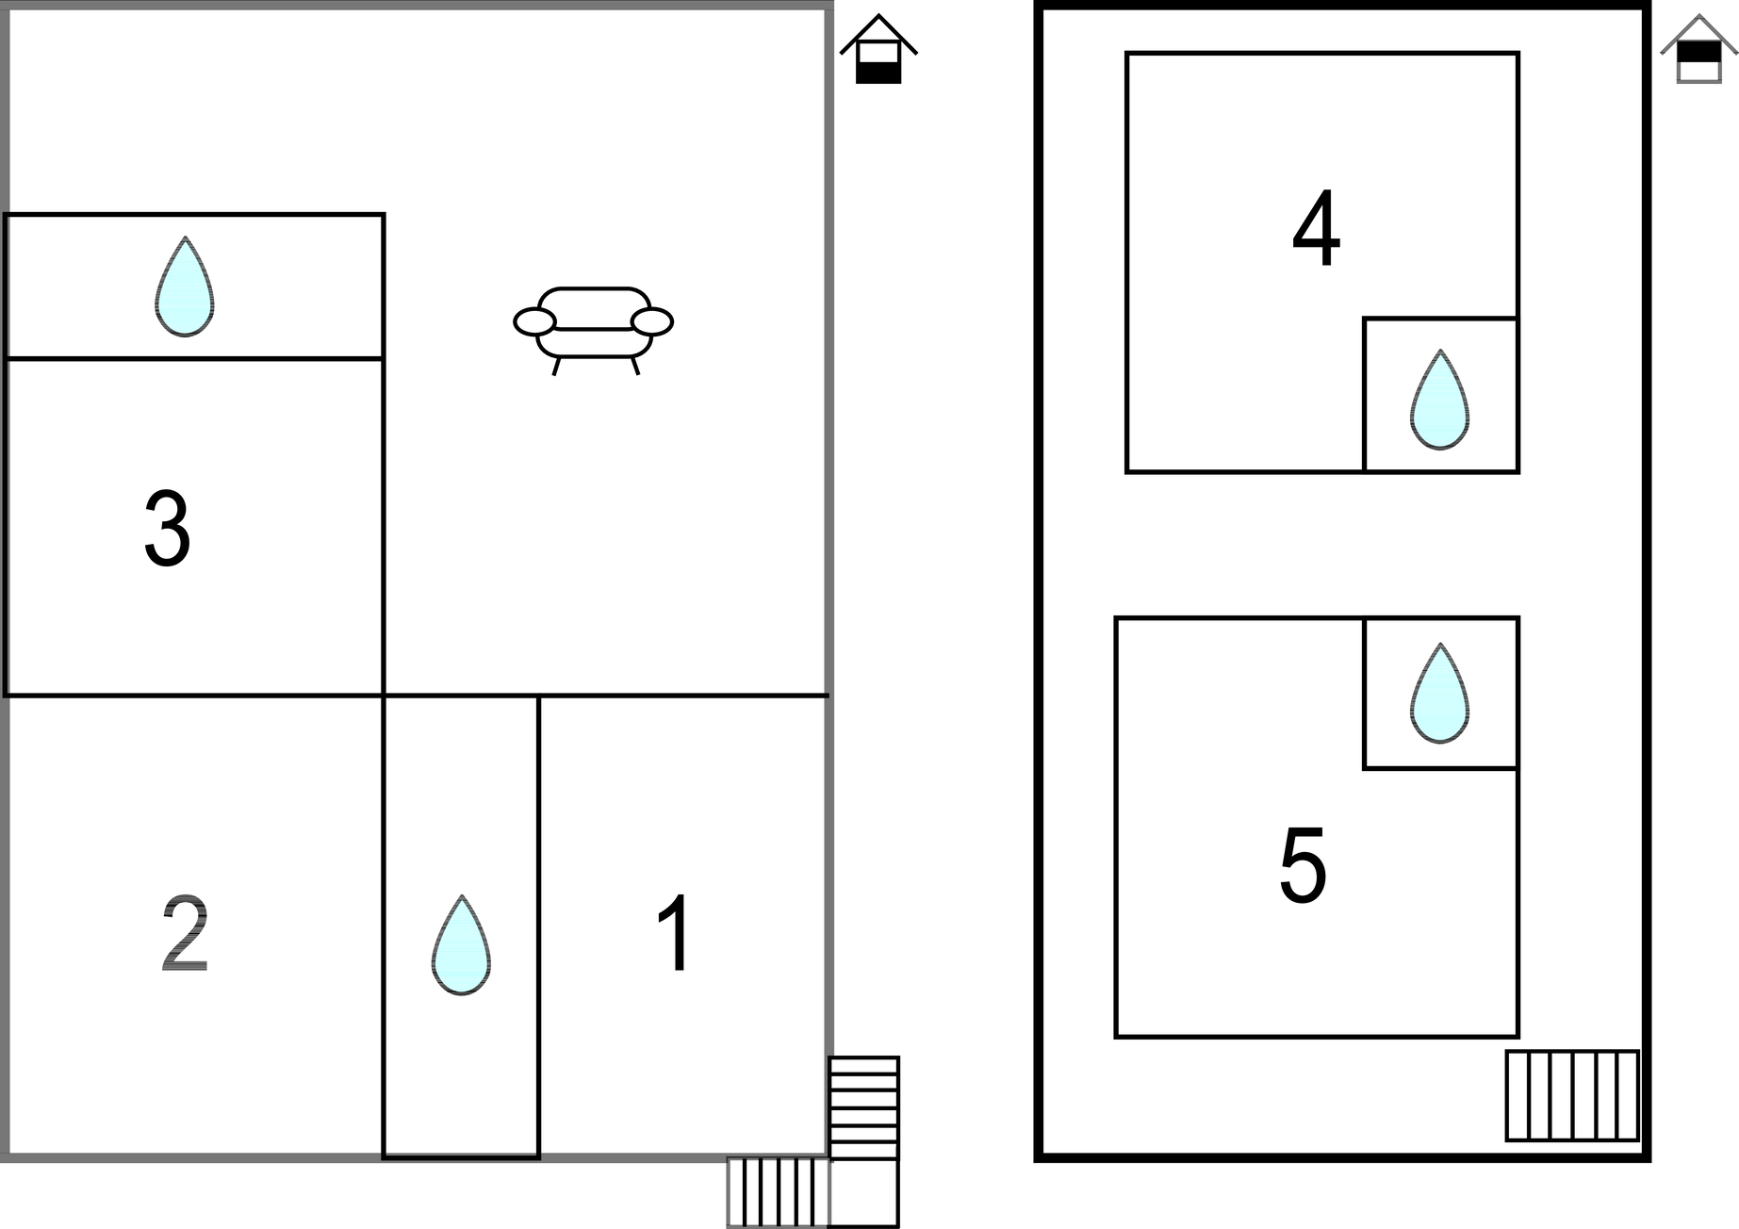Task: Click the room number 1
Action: tap(676, 932)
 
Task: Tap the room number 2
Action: tap(186, 933)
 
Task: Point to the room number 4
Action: tap(1316, 227)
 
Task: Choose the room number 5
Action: tap(1304, 865)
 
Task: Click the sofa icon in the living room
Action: tap(594, 331)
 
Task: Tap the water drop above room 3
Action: tap(185, 287)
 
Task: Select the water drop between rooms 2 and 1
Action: tap(461, 945)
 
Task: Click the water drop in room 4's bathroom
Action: tap(1439, 400)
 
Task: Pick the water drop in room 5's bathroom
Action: tap(1439, 693)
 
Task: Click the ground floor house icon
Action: tap(878, 49)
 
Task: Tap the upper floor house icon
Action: tap(1699, 49)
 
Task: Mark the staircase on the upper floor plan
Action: tap(1572, 1095)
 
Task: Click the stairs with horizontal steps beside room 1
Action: tap(863, 1107)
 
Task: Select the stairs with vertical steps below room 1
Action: tap(779, 1192)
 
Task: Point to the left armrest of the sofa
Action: tap(534, 321)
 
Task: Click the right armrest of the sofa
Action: tap(652, 321)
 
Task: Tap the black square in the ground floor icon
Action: tap(878, 73)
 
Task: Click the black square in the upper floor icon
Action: tap(1699, 52)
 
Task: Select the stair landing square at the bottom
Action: tap(864, 1193)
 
